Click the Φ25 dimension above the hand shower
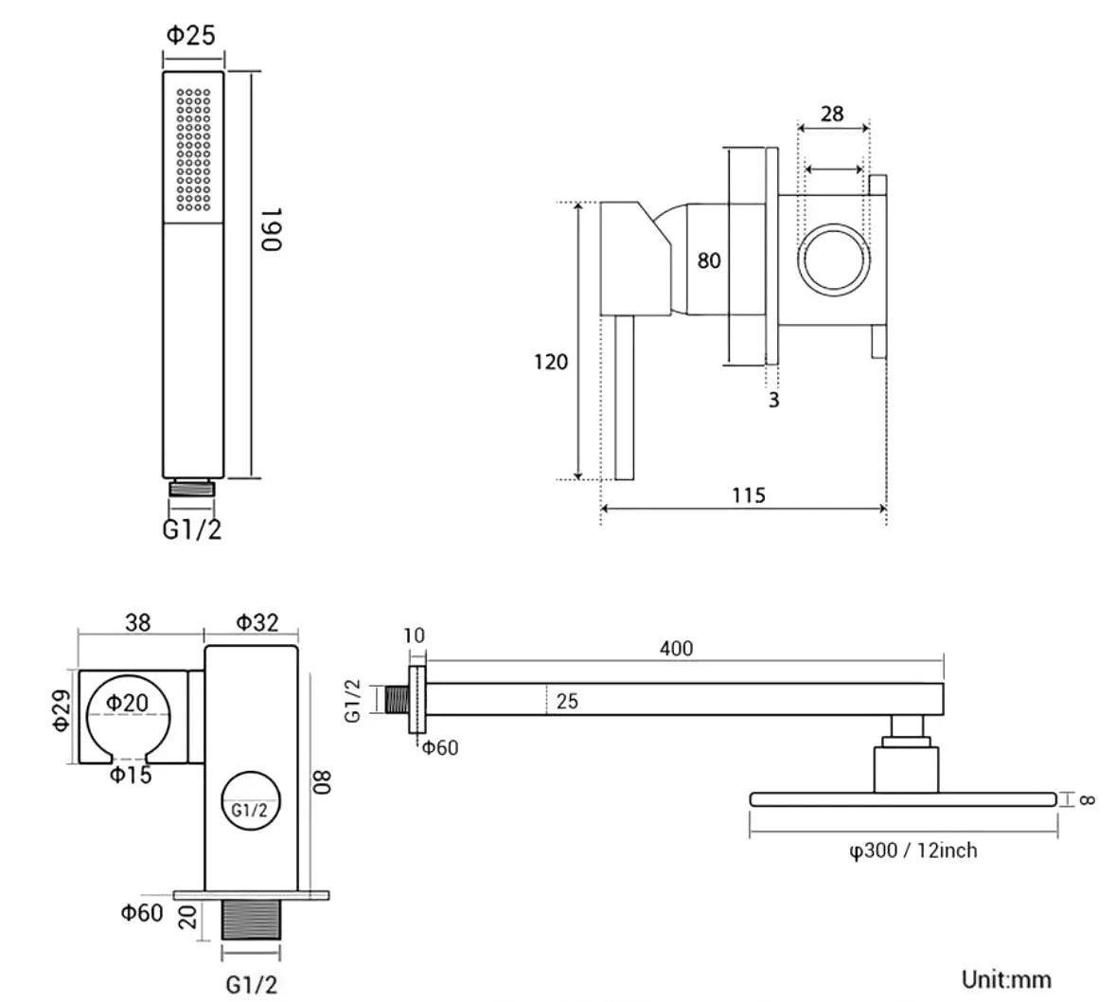[x=191, y=35]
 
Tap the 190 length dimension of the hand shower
[x=272, y=229]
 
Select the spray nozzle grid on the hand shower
[x=194, y=150]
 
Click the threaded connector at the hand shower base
[x=191, y=488]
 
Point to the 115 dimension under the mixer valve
[x=749, y=494]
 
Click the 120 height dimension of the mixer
[x=551, y=362]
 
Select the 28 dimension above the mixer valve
[x=832, y=114]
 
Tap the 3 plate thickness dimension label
[x=773, y=400]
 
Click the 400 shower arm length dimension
[x=676, y=649]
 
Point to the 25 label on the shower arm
[x=567, y=701]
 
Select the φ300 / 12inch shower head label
[x=913, y=850]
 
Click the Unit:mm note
[x=1006, y=979]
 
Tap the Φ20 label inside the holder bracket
[x=127, y=703]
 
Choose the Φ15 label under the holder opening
[x=131, y=775]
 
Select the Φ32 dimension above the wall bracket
[x=257, y=622]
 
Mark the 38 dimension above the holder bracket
[x=138, y=622]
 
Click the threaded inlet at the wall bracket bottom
[x=251, y=920]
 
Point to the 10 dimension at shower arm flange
[x=414, y=635]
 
